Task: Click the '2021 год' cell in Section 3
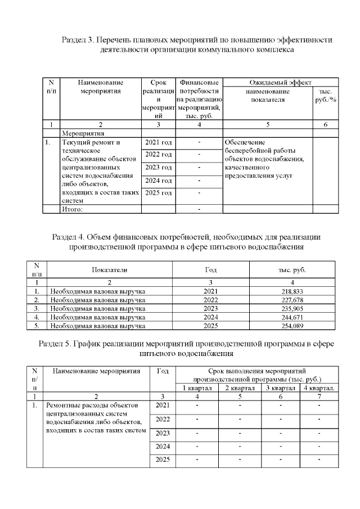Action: point(158,142)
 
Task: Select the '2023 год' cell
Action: point(158,168)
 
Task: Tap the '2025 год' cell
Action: point(158,193)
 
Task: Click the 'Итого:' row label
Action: point(73,210)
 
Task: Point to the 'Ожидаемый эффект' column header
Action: point(280,82)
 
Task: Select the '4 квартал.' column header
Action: point(319,388)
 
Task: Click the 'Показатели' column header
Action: point(110,269)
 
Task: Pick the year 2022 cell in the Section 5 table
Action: point(163,420)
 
